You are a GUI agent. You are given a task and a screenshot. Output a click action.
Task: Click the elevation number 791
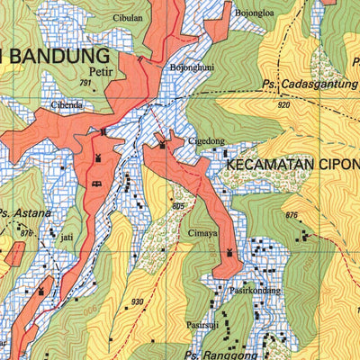(x=85, y=83)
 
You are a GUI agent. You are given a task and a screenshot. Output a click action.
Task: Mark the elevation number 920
(x=283, y=105)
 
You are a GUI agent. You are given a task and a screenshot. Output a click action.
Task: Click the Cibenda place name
(x=67, y=105)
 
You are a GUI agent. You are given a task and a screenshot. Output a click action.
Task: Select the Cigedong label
(x=205, y=141)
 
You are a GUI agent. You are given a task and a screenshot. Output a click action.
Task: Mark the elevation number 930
(x=137, y=301)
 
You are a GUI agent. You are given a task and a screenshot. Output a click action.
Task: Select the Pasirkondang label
(x=256, y=291)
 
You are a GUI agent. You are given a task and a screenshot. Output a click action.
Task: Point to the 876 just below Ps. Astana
(x=26, y=233)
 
